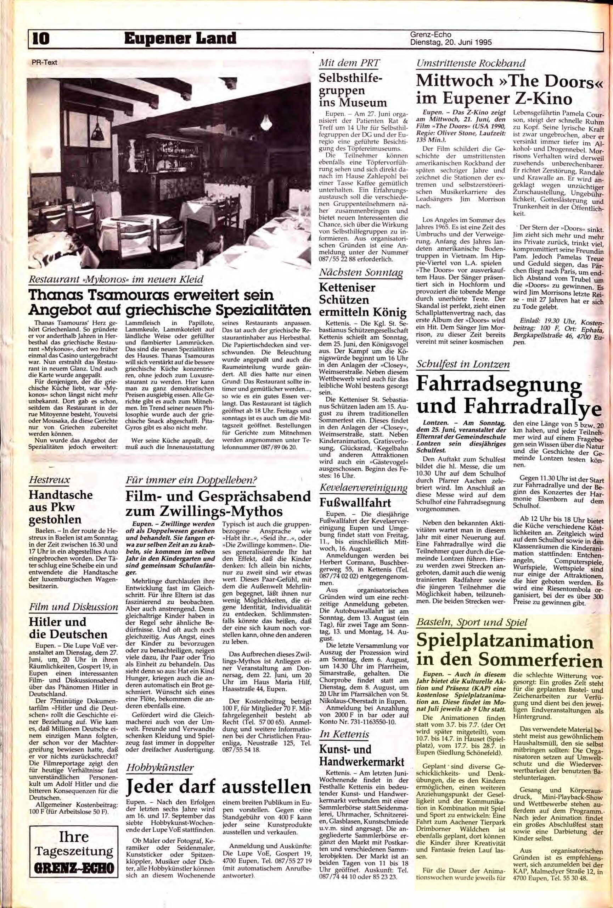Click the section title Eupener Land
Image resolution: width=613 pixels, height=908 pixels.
[x=180, y=39]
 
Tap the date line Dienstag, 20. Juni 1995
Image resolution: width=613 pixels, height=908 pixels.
[x=451, y=43]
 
